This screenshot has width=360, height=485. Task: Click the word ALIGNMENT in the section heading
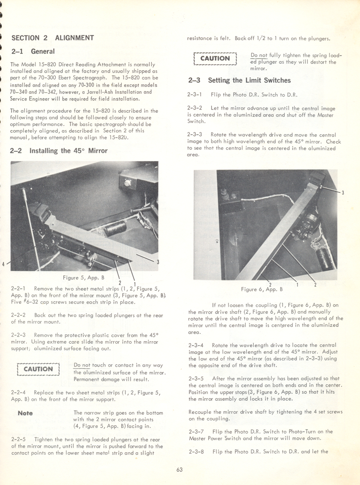pos(74,37)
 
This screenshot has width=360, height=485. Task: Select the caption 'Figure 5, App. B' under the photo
pos(84,277)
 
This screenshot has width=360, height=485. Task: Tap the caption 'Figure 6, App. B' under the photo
pos(262,289)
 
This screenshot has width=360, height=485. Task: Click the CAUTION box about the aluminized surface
pos(38,369)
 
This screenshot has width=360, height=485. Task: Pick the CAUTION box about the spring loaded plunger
pos(215,59)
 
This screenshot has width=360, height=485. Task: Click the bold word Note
pos(25,413)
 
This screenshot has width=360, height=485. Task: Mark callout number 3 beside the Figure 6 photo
pos(343,193)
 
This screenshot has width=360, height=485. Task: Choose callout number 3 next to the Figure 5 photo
pos(158,262)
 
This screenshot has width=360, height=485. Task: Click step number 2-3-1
pos(195,95)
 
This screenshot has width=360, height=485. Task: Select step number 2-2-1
pos(18,288)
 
